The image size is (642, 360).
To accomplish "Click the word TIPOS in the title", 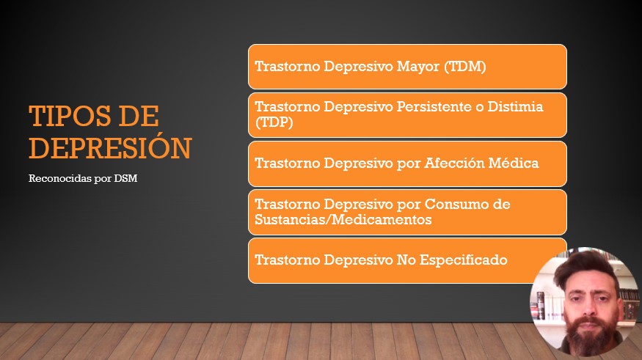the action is (70, 116).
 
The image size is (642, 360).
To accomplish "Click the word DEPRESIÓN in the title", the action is (110, 147).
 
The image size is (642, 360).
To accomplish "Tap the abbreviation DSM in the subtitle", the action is (125, 178).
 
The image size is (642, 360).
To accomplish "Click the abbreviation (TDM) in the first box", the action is (465, 66).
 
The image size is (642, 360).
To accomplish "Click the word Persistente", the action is (434, 106).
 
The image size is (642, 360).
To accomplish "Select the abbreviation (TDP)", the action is (274, 122).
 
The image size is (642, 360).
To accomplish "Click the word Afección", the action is (453, 163).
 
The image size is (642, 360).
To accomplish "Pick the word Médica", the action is (514, 163).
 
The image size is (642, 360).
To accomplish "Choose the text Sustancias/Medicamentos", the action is (343, 219).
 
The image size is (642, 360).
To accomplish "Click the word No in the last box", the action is (406, 260).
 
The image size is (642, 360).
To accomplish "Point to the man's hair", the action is (586, 266).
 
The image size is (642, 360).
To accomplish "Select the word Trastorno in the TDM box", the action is (287, 66).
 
